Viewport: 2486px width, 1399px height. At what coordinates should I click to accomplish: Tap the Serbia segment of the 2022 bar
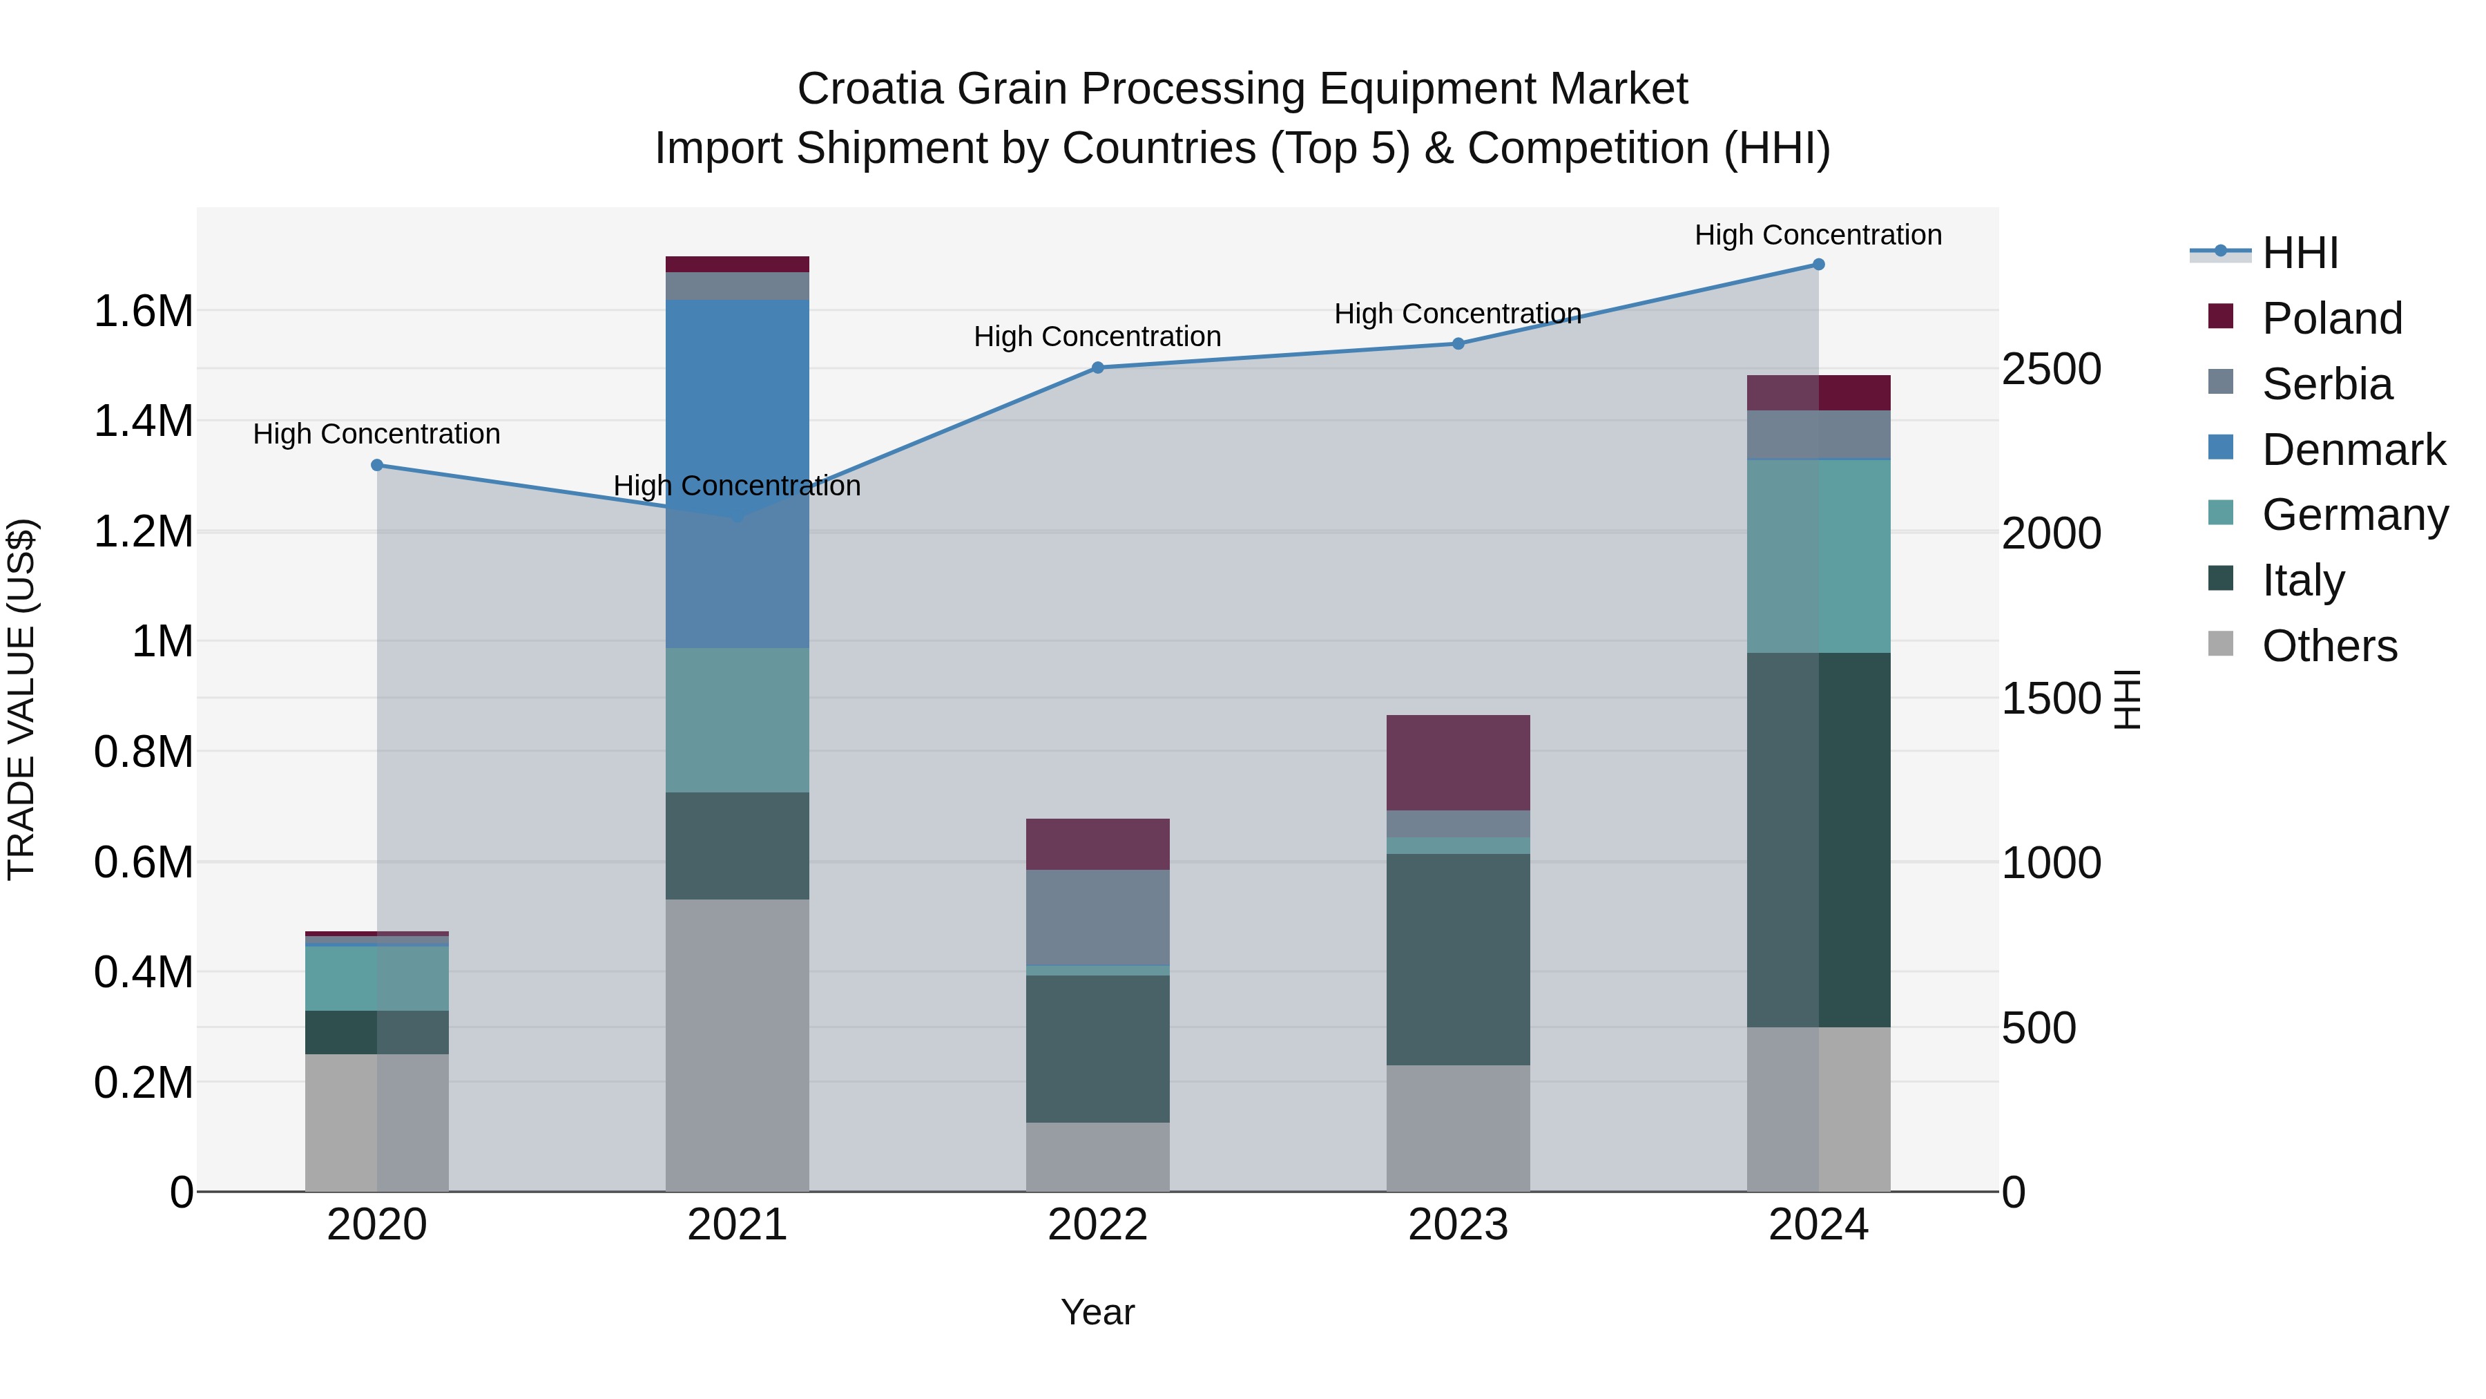pyautogui.click(x=1097, y=917)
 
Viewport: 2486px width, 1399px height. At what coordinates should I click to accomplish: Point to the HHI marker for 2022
pyautogui.click(x=1097, y=368)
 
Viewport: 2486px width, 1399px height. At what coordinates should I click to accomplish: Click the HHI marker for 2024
pyautogui.click(x=1818, y=265)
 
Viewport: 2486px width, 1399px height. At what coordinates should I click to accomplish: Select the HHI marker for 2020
pyautogui.click(x=377, y=466)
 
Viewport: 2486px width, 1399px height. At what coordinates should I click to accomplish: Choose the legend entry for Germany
pyautogui.click(x=2355, y=515)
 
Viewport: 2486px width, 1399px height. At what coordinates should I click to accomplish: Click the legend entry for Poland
pyautogui.click(x=2331, y=318)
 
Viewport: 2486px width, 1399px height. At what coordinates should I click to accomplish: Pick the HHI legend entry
pyautogui.click(x=2300, y=253)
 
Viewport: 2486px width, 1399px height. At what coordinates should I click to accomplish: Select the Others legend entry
pyautogui.click(x=2329, y=646)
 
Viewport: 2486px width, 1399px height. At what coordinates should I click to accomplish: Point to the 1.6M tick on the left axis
pyautogui.click(x=143, y=312)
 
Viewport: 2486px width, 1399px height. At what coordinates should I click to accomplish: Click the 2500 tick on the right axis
pyautogui.click(x=2051, y=369)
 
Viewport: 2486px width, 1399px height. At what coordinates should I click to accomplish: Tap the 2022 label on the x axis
pyautogui.click(x=1097, y=1225)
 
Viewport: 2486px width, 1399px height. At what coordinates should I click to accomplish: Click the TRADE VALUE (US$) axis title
pyautogui.click(x=22, y=699)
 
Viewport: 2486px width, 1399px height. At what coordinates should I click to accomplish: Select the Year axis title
pyautogui.click(x=1097, y=1312)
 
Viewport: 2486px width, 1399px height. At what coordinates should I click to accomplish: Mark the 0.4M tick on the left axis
pyautogui.click(x=143, y=972)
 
